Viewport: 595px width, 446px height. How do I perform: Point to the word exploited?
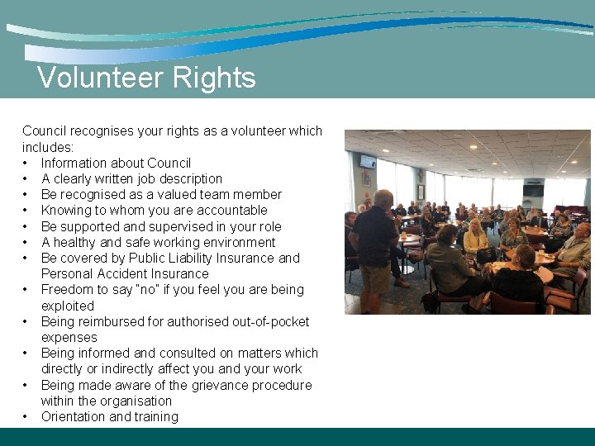(x=68, y=306)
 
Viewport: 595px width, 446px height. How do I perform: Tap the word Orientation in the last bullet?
(x=74, y=416)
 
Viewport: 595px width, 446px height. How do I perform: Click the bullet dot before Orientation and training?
(x=26, y=416)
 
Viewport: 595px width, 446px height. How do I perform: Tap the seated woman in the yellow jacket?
(x=475, y=240)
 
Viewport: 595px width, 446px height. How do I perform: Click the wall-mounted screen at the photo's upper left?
(x=368, y=162)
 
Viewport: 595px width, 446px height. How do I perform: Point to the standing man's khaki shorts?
(x=377, y=278)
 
